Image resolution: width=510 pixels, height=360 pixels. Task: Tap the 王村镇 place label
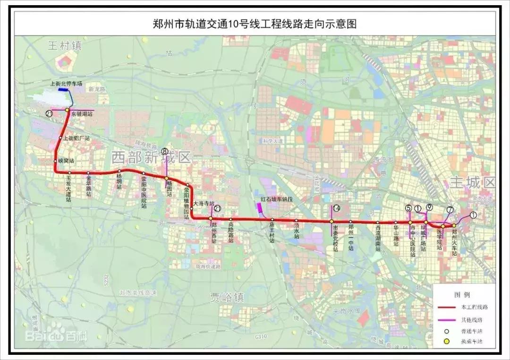65,46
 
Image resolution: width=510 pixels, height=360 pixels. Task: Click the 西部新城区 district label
151,158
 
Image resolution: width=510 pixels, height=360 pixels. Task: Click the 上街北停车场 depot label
66,84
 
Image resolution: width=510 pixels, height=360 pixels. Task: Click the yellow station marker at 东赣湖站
68,110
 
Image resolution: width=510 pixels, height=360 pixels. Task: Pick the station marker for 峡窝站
56,161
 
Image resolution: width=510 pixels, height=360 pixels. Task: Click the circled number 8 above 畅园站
164,152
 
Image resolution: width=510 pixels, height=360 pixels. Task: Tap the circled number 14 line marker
336,208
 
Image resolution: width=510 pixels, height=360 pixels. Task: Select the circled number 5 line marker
408,208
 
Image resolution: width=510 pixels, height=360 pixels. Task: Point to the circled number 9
429,207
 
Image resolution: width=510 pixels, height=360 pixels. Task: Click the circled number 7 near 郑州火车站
450,210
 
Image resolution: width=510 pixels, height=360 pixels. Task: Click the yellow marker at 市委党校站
331,221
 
